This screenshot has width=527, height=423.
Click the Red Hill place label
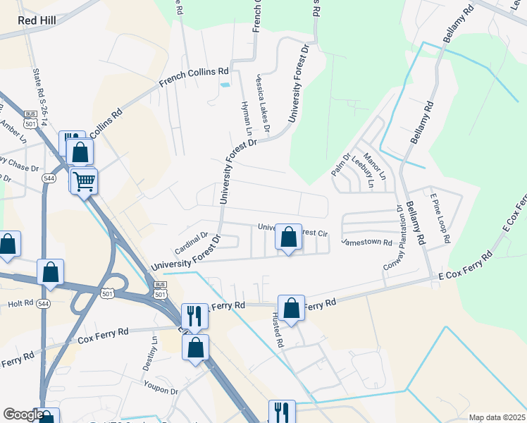[x=37, y=20]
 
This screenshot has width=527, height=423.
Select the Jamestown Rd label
[x=366, y=242]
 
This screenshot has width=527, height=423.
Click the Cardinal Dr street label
[x=190, y=244]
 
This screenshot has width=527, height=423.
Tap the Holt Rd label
[x=20, y=305]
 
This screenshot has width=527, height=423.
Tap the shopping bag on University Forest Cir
[x=288, y=237]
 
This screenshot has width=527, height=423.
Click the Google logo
[x=23, y=415]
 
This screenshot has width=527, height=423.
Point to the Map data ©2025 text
[x=496, y=417]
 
